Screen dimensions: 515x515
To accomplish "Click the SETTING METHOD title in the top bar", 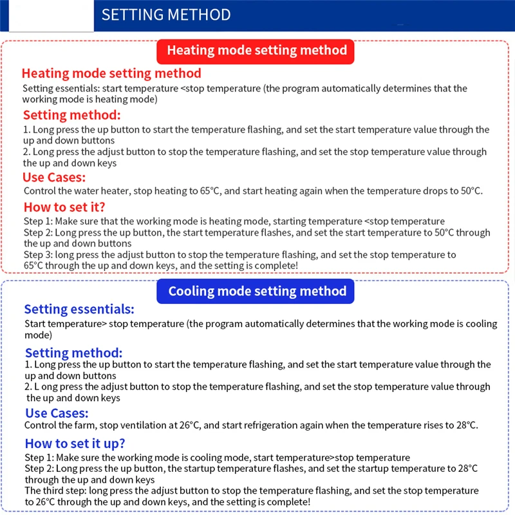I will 166,15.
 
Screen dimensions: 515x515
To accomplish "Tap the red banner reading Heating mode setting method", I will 257,51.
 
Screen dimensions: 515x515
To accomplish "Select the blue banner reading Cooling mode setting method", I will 257,291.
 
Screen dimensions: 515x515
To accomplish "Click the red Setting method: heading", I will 71,116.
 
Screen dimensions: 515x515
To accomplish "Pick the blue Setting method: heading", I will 73,353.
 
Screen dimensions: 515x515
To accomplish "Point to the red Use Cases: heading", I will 54,178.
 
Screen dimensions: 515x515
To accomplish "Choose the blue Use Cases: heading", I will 57,413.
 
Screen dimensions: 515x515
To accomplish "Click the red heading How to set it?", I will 64,207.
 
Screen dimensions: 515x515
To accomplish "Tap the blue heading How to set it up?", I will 75,444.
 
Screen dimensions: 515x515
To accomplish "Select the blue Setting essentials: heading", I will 79,309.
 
